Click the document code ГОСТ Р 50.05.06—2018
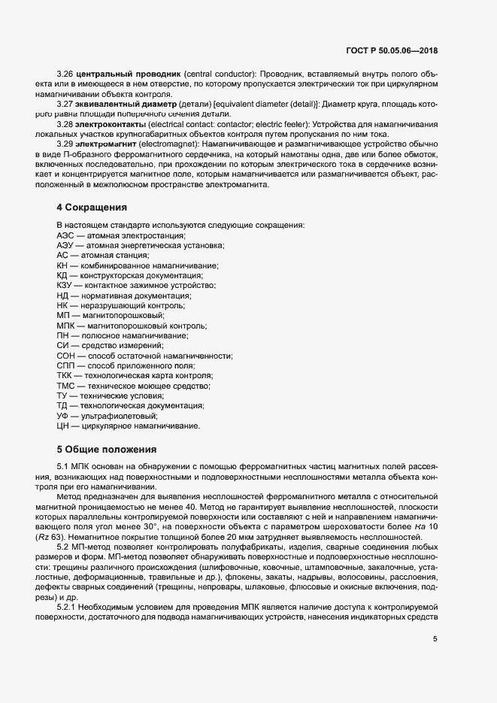[392, 50]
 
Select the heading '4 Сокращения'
[91, 207]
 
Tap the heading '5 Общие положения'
[107, 450]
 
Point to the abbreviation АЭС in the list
[66, 236]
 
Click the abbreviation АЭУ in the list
[66, 246]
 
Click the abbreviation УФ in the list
[64, 416]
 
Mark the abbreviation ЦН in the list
[64, 426]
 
